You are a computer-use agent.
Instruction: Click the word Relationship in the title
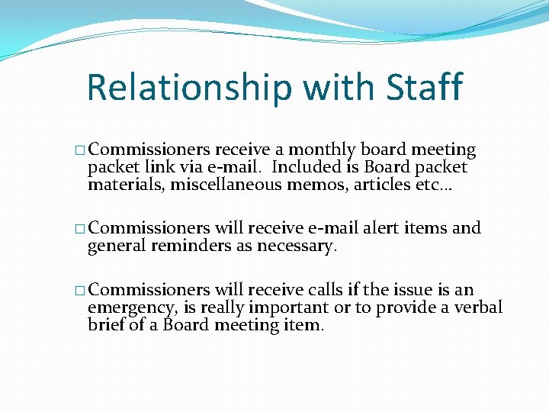(x=189, y=88)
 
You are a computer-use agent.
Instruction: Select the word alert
(x=381, y=228)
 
